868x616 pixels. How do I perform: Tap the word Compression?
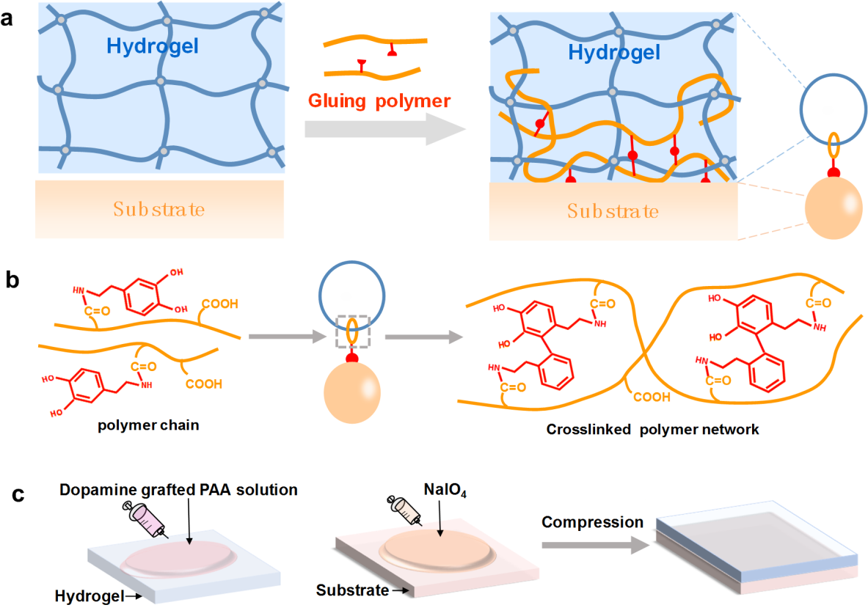click(x=591, y=522)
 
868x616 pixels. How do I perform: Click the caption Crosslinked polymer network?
click(x=652, y=429)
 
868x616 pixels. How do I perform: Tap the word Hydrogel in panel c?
click(x=86, y=596)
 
